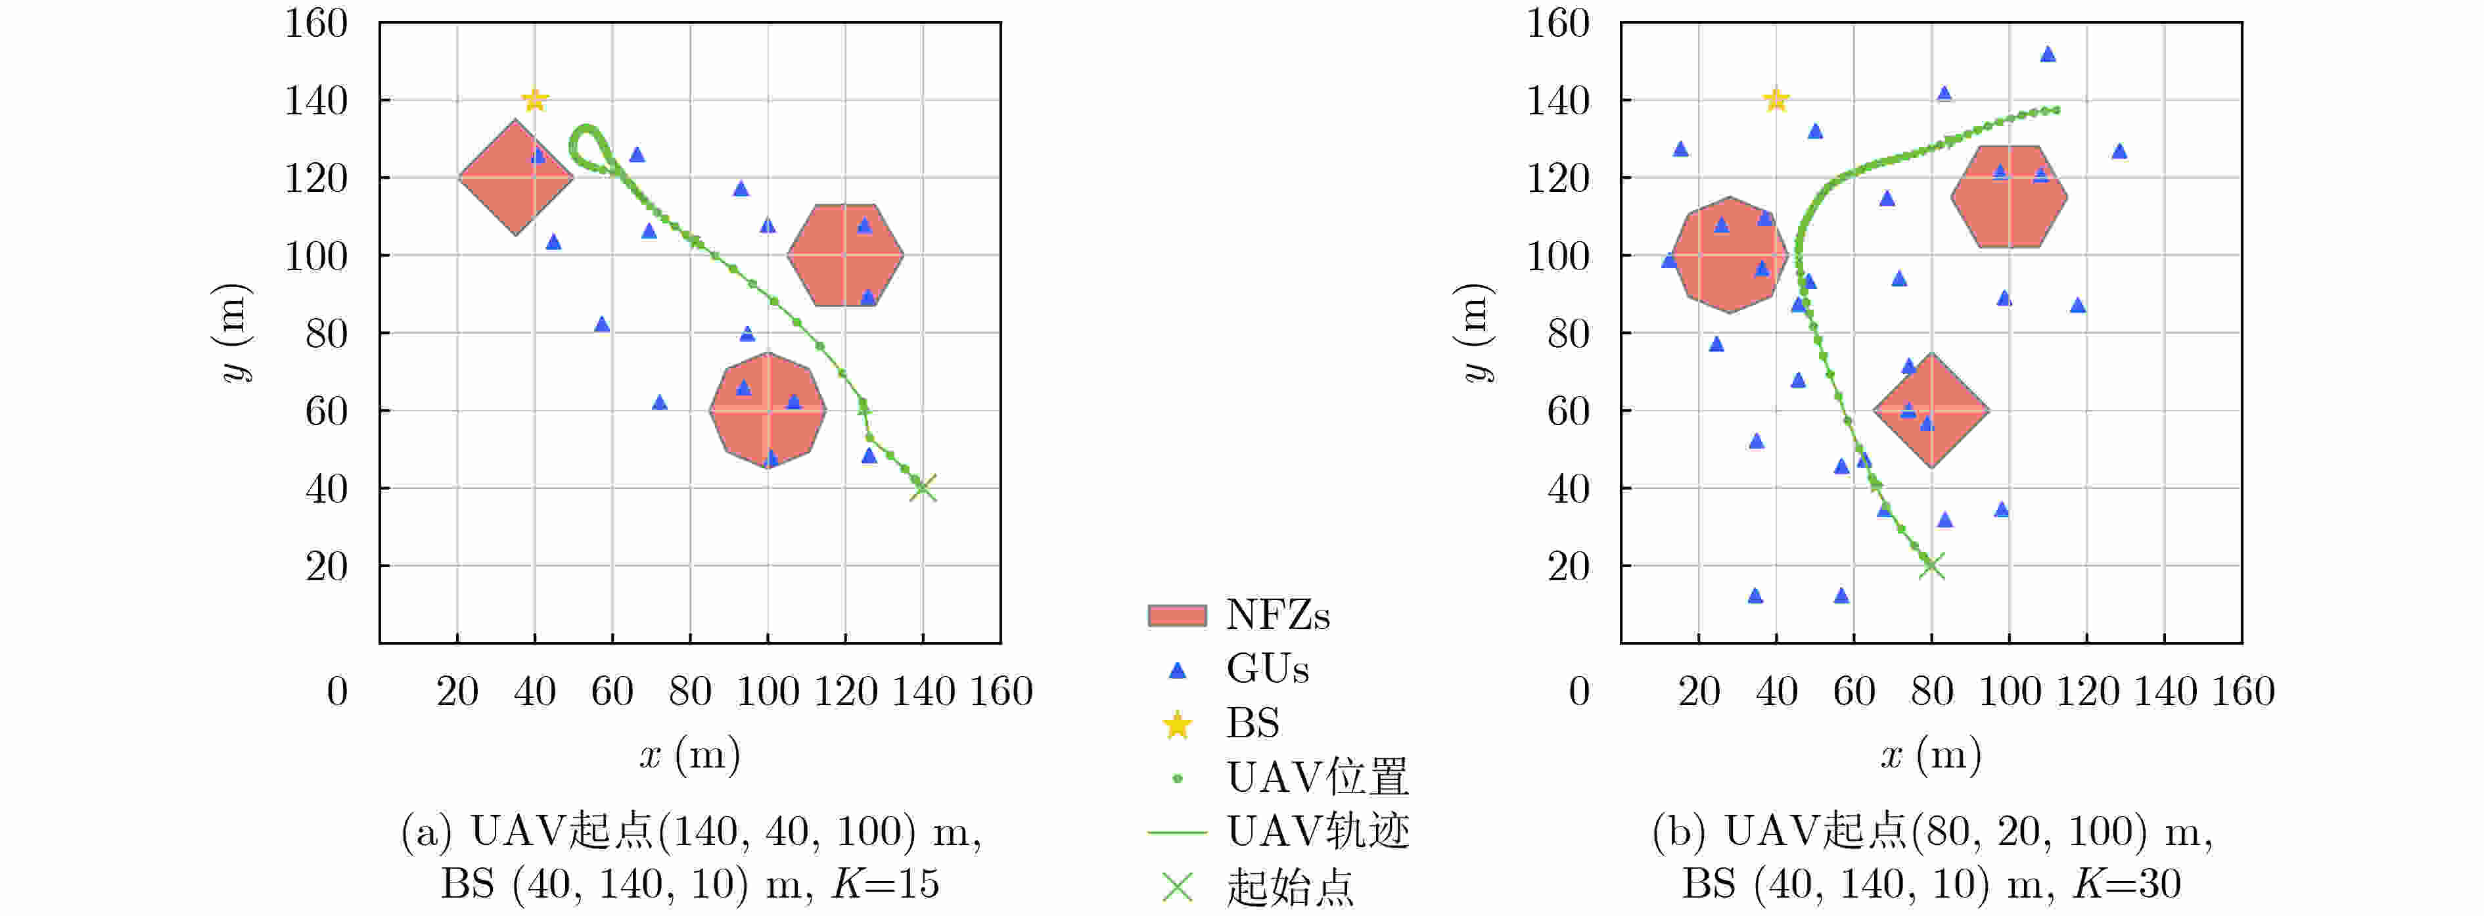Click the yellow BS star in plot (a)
(x=535, y=99)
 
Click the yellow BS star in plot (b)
(x=1776, y=99)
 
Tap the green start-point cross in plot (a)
(x=923, y=488)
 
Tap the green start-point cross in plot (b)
(x=1931, y=566)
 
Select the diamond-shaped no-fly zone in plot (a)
(x=516, y=177)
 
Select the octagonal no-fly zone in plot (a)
(x=768, y=410)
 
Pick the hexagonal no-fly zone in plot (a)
(x=844, y=254)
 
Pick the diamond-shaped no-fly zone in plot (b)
(x=1931, y=410)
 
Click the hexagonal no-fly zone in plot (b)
(x=2009, y=196)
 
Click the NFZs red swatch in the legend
(x=1176, y=615)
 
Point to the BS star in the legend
(x=1176, y=724)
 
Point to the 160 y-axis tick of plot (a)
(x=316, y=23)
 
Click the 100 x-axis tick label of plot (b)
(x=2010, y=691)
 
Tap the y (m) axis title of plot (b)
(x=1473, y=332)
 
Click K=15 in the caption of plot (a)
(x=885, y=883)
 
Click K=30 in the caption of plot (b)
(x=2127, y=883)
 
